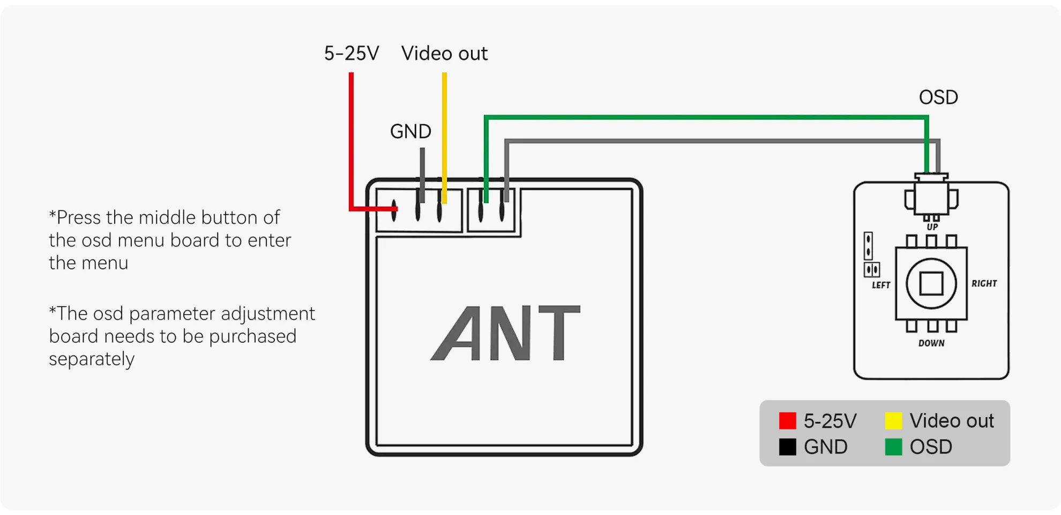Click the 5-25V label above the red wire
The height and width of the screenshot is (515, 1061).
pos(352,54)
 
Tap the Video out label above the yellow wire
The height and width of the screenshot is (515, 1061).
pos(444,54)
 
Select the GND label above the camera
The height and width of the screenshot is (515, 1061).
pos(410,132)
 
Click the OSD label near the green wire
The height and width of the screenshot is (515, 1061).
pos(938,97)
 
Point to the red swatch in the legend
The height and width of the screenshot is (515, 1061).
pos(787,421)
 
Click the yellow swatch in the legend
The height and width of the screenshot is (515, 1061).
pos(893,421)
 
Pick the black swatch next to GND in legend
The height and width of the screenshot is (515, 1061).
pos(787,447)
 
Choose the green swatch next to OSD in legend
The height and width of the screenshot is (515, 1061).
pos(893,447)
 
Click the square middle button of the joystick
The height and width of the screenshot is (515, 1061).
pos(931,284)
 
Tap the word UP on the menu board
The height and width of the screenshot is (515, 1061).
pos(932,227)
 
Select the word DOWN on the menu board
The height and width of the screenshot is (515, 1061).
pos(931,343)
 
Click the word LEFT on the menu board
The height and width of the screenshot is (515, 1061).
pos(881,285)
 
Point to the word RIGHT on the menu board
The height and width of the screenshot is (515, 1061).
pos(984,284)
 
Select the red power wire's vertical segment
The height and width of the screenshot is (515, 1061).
pos(351,139)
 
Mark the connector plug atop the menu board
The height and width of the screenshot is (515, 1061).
pos(931,195)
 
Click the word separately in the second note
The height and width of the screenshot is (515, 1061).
pos(92,359)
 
